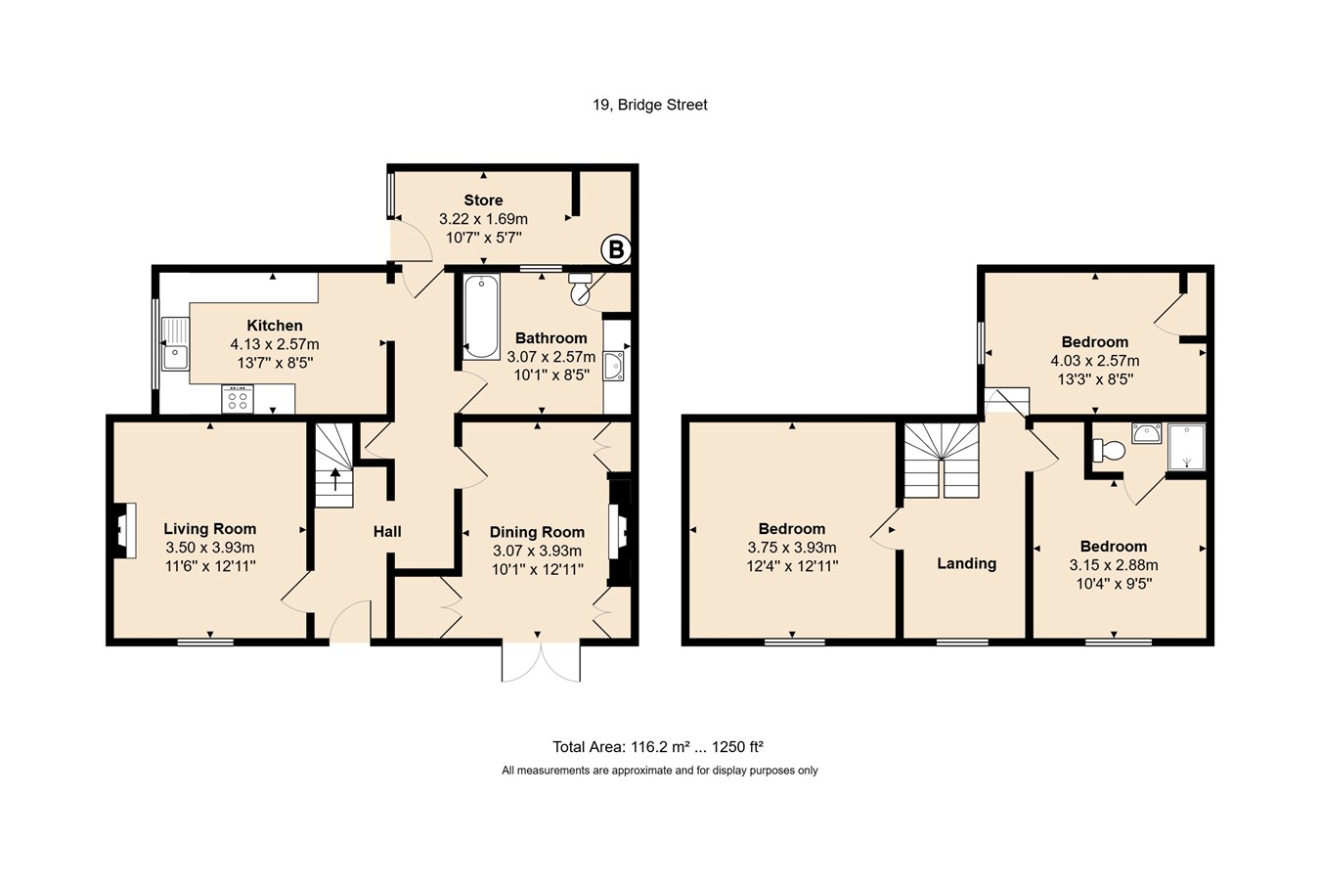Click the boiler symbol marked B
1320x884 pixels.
(x=616, y=250)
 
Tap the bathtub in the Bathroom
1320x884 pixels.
(x=481, y=317)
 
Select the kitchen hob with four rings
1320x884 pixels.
(x=238, y=399)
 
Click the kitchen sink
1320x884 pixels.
(x=176, y=344)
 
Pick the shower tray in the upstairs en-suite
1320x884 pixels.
(x=1186, y=447)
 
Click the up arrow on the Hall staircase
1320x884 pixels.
(x=335, y=479)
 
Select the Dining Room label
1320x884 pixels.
(x=537, y=532)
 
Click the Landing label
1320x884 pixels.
(x=966, y=563)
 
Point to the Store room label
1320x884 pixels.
(x=483, y=199)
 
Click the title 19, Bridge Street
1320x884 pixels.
(x=650, y=105)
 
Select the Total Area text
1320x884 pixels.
(x=658, y=747)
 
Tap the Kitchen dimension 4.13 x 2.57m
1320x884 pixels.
(x=275, y=343)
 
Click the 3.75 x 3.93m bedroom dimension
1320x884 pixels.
(x=792, y=548)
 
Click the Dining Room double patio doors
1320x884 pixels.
(x=541, y=661)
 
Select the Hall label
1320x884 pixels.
(x=387, y=532)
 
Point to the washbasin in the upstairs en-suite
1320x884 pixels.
(x=1146, y=433)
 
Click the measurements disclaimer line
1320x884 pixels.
(x=659, y=771)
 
